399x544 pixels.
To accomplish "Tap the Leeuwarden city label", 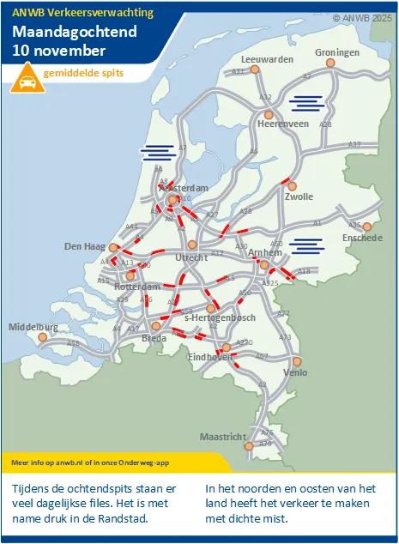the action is tap(262, 59).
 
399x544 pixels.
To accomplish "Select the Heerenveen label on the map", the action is tap(283, 124).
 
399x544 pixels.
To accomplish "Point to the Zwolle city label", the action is tap(299, 196).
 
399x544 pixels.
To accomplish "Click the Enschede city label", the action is tap(361, 238).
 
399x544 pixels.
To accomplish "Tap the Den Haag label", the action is tap(84, 246).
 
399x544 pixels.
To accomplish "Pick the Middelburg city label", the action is tap(33, 327).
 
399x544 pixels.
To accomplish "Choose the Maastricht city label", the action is tap(222, 437).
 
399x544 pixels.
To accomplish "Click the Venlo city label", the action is tap(295, 373).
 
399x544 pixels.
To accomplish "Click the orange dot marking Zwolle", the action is tap(292, 185).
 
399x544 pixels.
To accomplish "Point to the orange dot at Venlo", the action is tap(297, 361).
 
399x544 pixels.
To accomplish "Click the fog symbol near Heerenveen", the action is tap(306, 104).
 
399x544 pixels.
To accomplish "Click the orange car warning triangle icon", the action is tap(27, 81).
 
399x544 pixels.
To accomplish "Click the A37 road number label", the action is tap(354, 144).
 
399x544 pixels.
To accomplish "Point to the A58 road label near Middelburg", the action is tap(74, 343).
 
